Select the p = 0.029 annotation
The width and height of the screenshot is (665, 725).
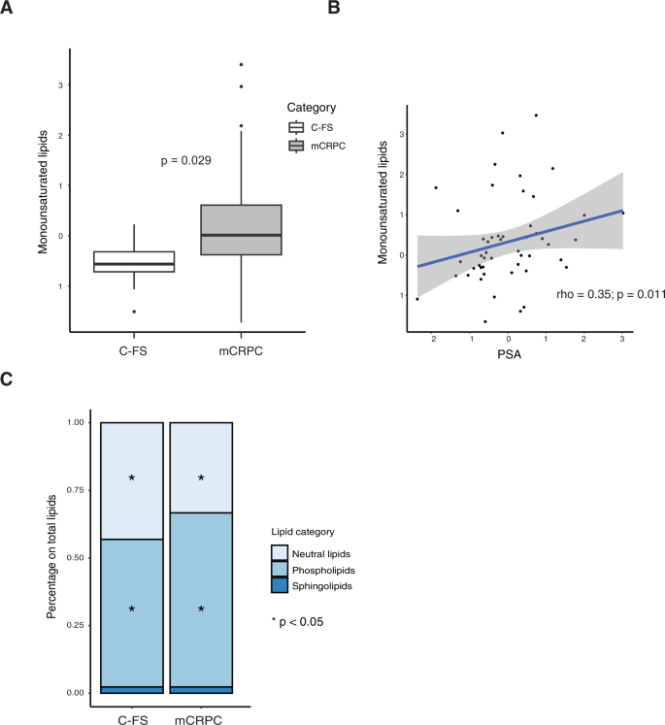186,160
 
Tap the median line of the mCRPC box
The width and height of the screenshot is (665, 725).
241,235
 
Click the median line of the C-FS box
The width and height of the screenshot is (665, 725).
134,264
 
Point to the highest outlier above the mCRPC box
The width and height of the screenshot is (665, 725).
241,65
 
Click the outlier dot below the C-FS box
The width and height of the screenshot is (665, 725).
134,312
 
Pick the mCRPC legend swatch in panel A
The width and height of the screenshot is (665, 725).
297,146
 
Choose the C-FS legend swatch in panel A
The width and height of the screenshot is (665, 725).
297,127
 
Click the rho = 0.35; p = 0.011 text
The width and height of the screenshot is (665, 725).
610,293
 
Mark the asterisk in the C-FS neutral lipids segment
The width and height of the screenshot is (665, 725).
132,478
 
